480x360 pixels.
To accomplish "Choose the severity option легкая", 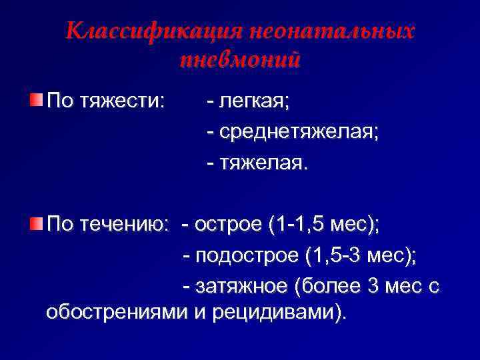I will pyautogui.click(x=253, y=102).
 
